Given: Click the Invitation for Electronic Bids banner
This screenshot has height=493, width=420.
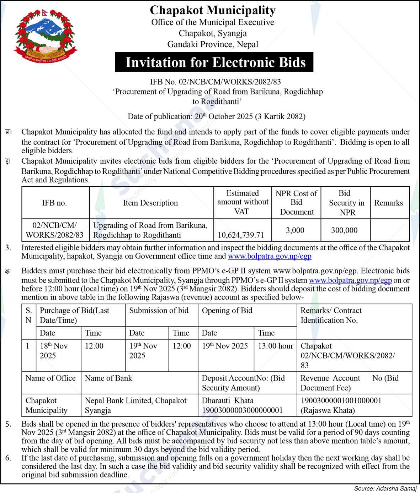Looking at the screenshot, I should tap(214, 62).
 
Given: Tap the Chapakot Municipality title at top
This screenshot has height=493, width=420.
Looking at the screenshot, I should tap(213, 10).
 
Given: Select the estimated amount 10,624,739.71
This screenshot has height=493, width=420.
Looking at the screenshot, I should tap(241, 235).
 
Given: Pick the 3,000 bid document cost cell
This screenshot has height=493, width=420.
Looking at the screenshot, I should tap(295, 230).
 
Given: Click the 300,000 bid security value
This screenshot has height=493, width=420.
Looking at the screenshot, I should tap(344, 230).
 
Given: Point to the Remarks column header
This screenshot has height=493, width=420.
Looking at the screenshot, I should tap(388, 203).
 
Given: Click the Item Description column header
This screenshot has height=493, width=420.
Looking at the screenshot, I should tap(150, 203).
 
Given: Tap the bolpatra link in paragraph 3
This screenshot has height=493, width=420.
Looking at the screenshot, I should tap(269, 256).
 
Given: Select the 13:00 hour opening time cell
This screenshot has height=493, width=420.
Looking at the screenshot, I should tap(275, 346).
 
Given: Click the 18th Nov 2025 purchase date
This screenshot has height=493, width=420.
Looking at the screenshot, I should tap(54, 351).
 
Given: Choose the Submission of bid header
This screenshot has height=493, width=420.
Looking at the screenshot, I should tap(159, 311).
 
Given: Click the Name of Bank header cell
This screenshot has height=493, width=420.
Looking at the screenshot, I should tap(108, 378).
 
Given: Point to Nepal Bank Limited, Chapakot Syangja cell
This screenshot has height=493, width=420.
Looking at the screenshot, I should tap(135, 405).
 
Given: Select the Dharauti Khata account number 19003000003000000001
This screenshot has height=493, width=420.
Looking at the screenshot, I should tap(242, 410).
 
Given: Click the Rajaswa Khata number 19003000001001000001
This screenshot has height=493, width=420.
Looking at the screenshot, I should tap(341, 401).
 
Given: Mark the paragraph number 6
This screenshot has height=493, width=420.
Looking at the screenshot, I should tap(8, 458).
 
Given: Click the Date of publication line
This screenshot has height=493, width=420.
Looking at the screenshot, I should tap(216, 116).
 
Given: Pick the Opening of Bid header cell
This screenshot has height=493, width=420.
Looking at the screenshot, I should tap(227, 311).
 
